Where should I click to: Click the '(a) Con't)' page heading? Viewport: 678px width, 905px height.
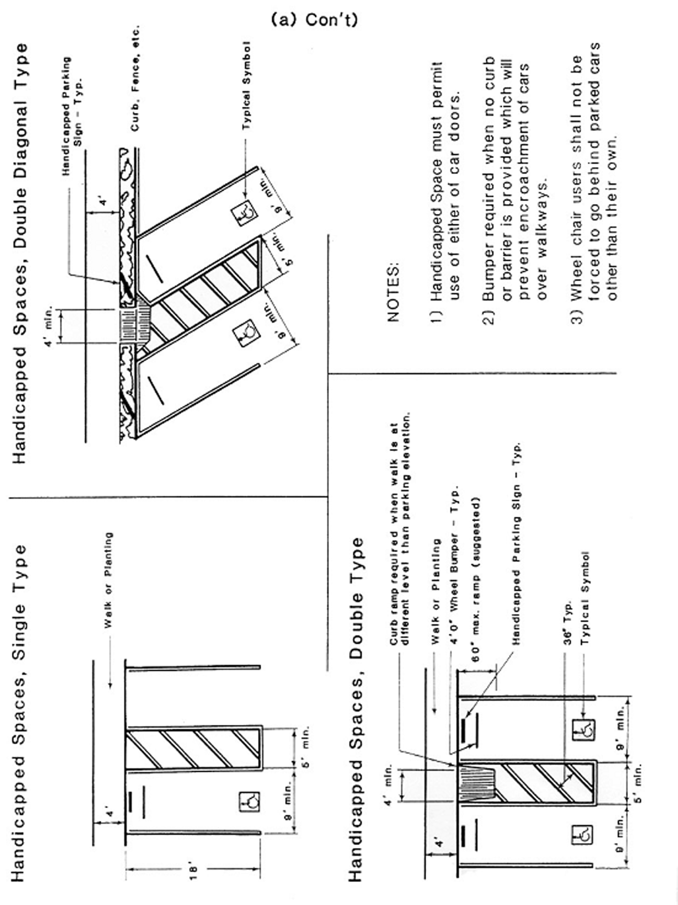(x=314, y=20)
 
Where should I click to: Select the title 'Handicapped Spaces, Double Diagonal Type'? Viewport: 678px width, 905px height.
(x=20, y=253)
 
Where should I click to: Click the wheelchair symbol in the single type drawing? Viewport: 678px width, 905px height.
(x=249, y=802)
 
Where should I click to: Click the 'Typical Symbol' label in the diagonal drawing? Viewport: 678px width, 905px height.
(x=246, y=85)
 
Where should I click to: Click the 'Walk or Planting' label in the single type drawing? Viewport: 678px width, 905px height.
(x=109, y=580)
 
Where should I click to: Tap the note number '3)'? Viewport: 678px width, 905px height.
(x=578, y=317)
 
